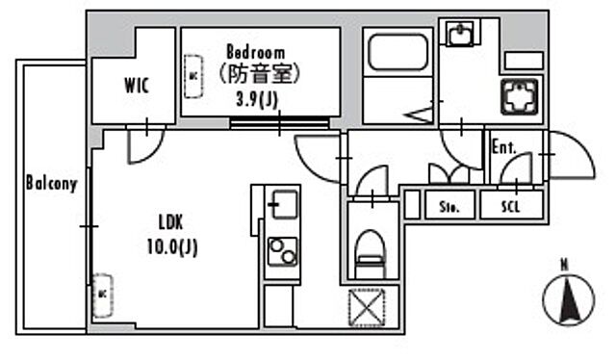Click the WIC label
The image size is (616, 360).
tap(136, 85)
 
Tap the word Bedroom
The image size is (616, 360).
tap(256, 51)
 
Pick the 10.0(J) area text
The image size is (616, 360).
tap(173, 248)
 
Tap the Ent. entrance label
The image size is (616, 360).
tap(504, 148)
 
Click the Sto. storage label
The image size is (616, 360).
tap(449, 206)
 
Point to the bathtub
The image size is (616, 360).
tap(398, 52)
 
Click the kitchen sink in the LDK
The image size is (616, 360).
tap(282, 204)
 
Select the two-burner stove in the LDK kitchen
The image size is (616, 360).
tap(281, 252)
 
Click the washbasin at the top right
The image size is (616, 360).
tap(460, 36)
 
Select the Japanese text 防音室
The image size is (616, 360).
tap(259, 74)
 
